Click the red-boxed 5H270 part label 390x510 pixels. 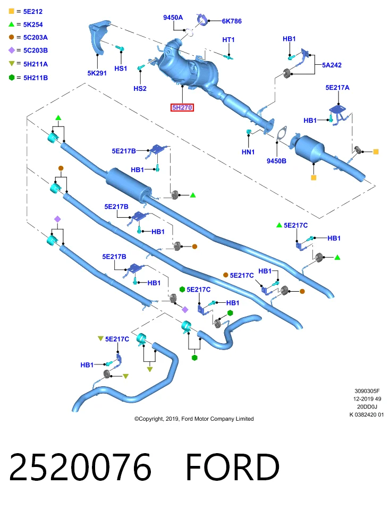[x=182, y=107]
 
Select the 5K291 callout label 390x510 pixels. [x=97, y=73]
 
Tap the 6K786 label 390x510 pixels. [x=232, y=21]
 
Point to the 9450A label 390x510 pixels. [x=173, y=18]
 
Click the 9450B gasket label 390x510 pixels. [x=276, y=161]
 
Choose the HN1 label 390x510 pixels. [x=248, y=152]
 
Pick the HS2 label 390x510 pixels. [x=140, y=89]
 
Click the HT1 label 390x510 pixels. [x=228, y=40]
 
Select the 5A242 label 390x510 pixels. [x=332, y=65]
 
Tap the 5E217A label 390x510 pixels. [x=337, y=88]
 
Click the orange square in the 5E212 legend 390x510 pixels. [x=11, y=11]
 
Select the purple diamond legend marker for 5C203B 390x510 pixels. [x=11, y=50]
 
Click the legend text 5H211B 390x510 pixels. [x=36, y=78]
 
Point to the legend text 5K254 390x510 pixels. [x=33, y=24]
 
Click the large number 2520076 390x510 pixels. [x=80, y=467]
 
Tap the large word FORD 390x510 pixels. [x=233, y=467]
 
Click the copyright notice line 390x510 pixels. [x=194, y=419]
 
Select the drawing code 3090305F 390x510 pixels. [x=367, y=391]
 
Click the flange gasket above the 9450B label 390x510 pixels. [x=281, y=134]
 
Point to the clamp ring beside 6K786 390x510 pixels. [x=202, y=20]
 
